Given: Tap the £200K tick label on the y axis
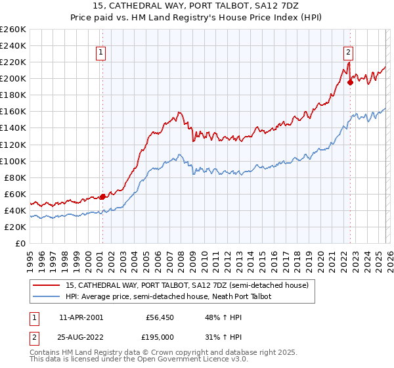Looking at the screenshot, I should (13, 79).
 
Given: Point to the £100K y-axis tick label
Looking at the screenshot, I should (13, 161).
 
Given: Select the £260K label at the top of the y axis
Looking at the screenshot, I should (13, 30).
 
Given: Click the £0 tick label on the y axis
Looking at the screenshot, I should (20, 243).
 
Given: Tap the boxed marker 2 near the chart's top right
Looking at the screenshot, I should (348, 54).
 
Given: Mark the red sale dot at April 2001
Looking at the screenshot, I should (102, 196).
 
